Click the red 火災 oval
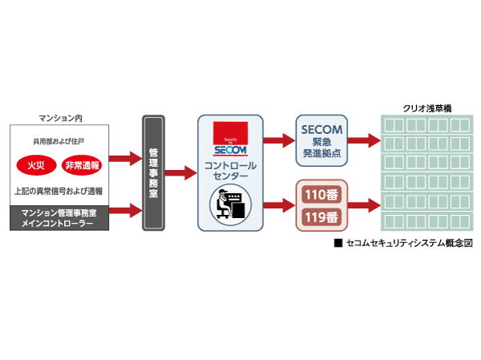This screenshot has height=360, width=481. coord(36,167)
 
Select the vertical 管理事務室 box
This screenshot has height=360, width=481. coord(155,173)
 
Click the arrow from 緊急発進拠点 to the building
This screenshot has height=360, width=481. coord(364,140)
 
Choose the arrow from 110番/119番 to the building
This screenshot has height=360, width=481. coord(364,204)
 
